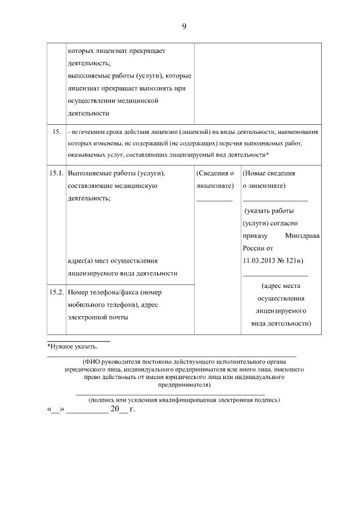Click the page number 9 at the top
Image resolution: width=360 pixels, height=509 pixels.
point(184,26)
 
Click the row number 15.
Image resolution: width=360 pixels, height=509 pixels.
point(56,132)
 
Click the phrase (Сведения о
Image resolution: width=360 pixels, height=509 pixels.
point(215,173)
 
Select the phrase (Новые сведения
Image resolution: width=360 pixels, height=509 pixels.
point(269,173)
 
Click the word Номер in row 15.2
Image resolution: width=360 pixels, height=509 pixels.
point(78,292)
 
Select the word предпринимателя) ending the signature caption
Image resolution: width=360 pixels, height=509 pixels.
point(184,385)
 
